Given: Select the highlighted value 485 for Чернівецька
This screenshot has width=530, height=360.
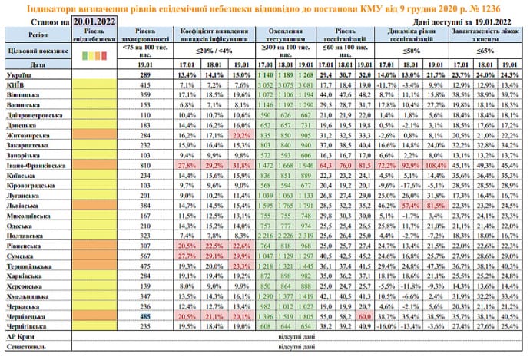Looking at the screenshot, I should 143,315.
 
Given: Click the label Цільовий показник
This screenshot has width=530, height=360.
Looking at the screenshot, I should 31,54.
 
